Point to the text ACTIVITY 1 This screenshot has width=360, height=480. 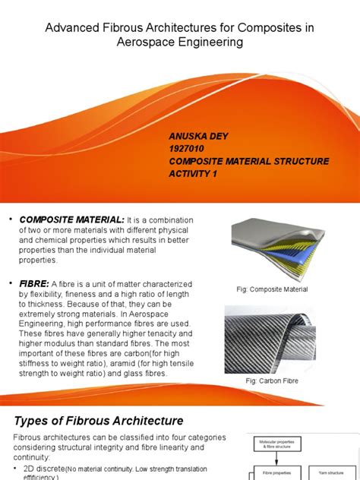click(x=194, y=173)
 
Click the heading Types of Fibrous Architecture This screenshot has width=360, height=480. click(x=99, y=420)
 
